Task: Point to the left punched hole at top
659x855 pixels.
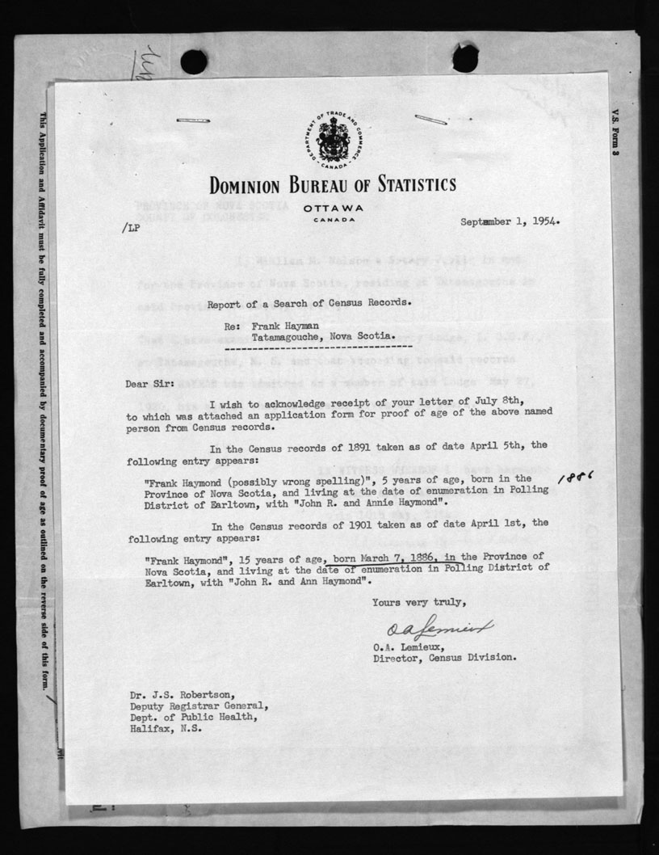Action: pyautogui.click(x=194, y=61)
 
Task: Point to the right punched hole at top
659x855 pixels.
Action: pyautogui.click(x=465, y=58)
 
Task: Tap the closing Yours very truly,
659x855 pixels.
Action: pyautogui.click(x=419, y=601)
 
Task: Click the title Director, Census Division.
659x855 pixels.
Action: pyautogui.click(x=444, y=657)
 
